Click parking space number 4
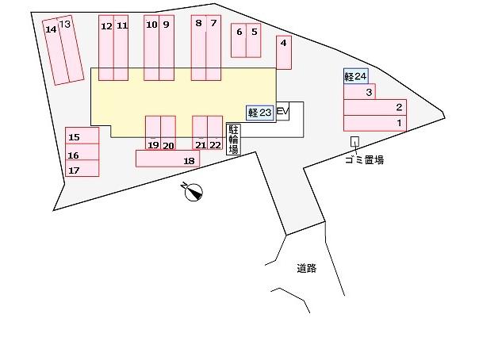pyautogui.click(x=284, y=52)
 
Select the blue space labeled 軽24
pyautogui.click(x=355, y=76)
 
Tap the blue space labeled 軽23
pyautogui.click(x=259, y=113)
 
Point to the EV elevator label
pyautogui.click(x=282, y=111)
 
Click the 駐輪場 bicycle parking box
pyautogui.click(x=233, y=140)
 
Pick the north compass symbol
pyautogui.click(x=193, y=191)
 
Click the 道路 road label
pyautogui.click(x=306, y=268)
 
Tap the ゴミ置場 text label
pyautogui.click(x=365, y=159)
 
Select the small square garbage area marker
pyautogui.click(x=354, y=141)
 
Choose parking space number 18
pyautogui.click(x=167, y=159)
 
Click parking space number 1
pyautogui.click(x=375, y=123)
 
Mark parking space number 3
pyautogui.click(x=359, y=92)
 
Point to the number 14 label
pyautogui.click(x=51, y=29)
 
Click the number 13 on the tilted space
pyautogui.click(x=65, y=24)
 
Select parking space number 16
pyautogui.click(x=82, y=151)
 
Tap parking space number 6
pyautogui.click(x=239, y=40)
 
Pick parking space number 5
pyautogui.click(x=254, y=40)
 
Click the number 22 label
pyautogui.click(x=216, y=145)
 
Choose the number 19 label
pyautogui.click(x=153, y=145)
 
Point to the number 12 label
pyautogui.click(x=106, y=26)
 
